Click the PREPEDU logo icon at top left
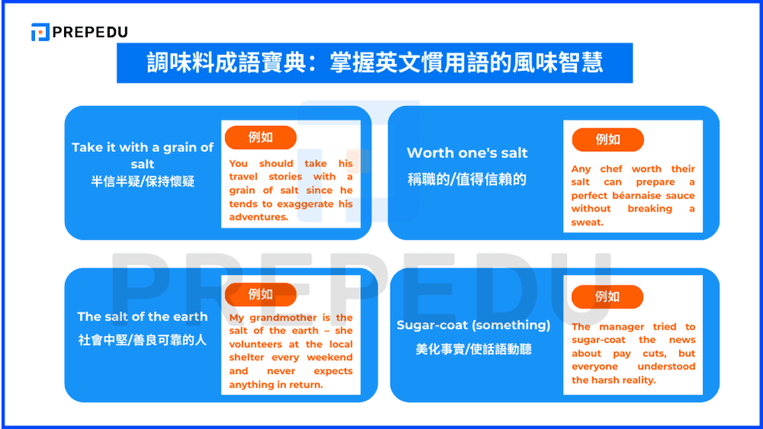click(40, 32)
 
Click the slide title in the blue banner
click(375, 63)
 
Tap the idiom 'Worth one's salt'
click(467, 153)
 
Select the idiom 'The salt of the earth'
click(142, 316)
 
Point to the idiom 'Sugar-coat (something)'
click(473, 325)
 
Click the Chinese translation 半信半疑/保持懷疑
click(143, 182)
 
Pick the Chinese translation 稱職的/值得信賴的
click(466, 180)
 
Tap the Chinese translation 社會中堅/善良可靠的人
click(142, 340)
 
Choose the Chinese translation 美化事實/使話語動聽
click(473, 349)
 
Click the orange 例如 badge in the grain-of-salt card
click(260, 137)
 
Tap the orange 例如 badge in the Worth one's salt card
click(607, 140)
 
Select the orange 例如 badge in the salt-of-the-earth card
click(260, 295)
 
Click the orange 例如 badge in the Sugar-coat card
click(607, 297)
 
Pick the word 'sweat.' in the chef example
click(588, 222)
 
